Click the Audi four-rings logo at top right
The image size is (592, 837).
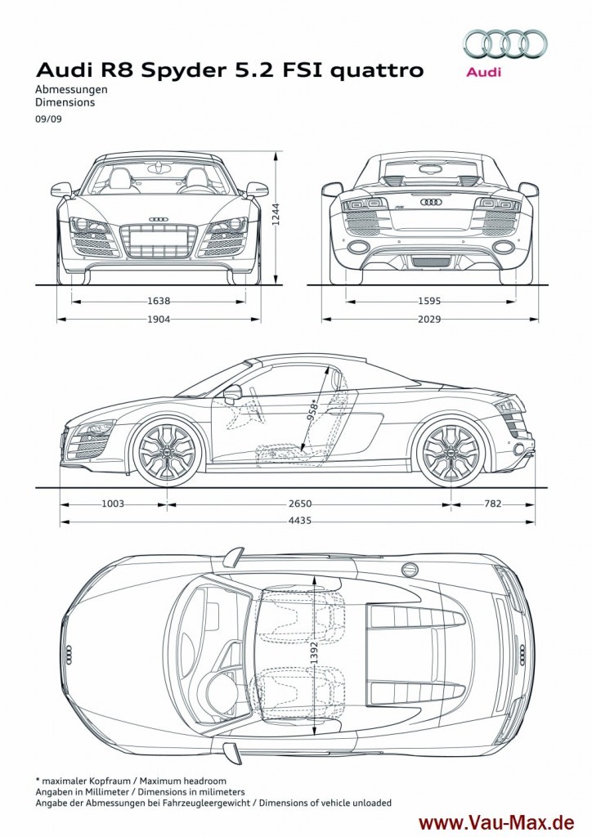[505, 43]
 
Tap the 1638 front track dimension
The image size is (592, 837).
[159, 301]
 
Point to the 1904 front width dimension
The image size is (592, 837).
[159, 320]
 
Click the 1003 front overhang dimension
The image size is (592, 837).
[113, 504]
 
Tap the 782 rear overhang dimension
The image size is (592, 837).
[492, 504]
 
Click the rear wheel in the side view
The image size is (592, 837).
[448, 452]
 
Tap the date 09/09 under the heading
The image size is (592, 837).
[46, 119]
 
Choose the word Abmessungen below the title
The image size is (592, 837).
[72, 90]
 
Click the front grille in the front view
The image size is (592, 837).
[159, 240]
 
